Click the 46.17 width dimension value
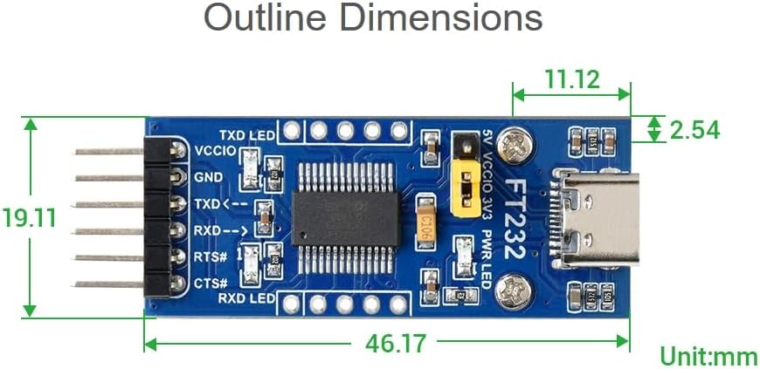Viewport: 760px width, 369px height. pyautogui.click(x=396, y=343)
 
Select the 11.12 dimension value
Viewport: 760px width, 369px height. pyautogui.click(x=572, y=80)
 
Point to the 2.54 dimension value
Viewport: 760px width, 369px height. pyautogui.click(x=694, y=130)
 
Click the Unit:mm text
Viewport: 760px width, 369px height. pyautogui.click(x=708, y=356)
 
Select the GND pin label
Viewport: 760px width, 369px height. pyautogui.click(x=209, y=177)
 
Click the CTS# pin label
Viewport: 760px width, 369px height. pyautogui.click(x=211, y=283)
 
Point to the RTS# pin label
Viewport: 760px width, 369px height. pyautogui.click(x=211, y=256)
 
